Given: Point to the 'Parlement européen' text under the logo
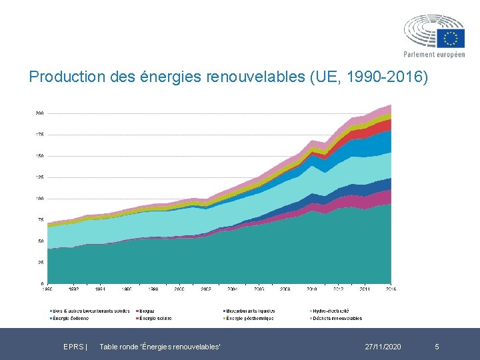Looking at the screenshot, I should tap(434, 55).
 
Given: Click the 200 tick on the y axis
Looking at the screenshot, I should tap(39, 113).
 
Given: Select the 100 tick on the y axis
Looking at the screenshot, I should tap(39, 199).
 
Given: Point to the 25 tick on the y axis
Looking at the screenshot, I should tap(41, 263).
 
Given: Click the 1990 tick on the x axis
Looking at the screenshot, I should tap(48, 289).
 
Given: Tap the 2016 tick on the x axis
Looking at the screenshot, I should tap(391, 289).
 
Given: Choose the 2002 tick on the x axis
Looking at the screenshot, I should tap(206, 289).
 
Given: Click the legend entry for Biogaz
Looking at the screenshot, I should tap(145, 311).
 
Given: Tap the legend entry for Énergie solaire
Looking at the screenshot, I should tap(154, 318).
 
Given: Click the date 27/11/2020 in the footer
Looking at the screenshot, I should tap(383, 347).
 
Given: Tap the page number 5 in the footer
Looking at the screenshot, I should tap(437, 347).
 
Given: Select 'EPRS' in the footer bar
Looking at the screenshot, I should tap(73, 347).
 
